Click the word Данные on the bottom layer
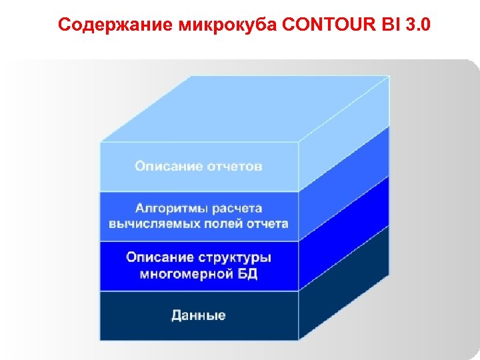[199, 315]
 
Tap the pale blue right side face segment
[343, 133]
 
